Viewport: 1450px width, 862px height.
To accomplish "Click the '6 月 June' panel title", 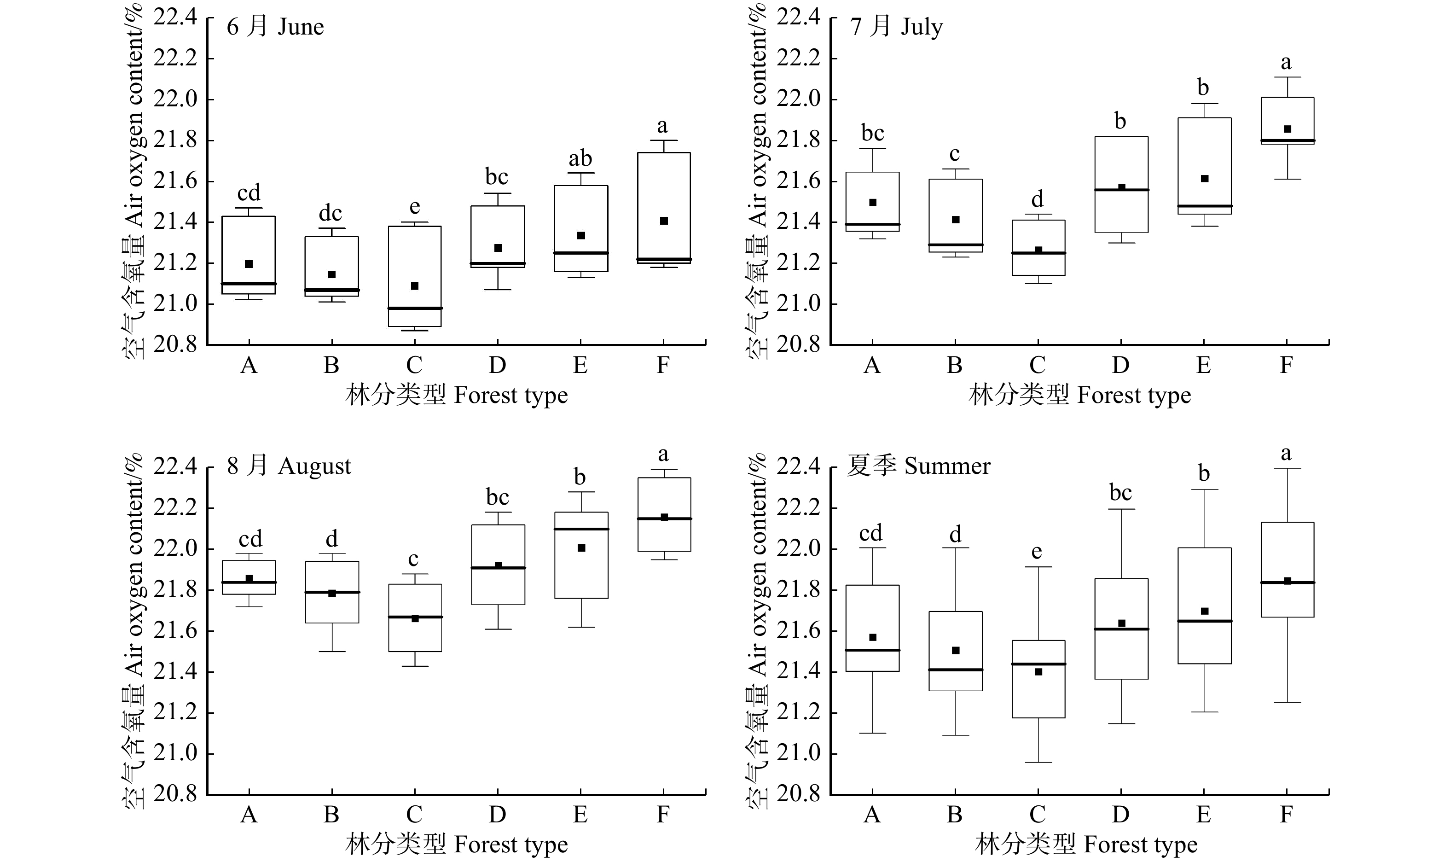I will pyautogui.click(x=275, y=27).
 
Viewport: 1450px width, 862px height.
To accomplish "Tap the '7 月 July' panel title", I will pyautogui.click(x=896, y=27).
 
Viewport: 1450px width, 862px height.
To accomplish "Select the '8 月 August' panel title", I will pyautogui.click(x=289, y=466).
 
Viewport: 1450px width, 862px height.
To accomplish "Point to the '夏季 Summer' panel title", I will pyautogui.click(x=918, y=466).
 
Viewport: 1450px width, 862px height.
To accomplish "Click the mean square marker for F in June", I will pyautogui.click(x=664, y=221).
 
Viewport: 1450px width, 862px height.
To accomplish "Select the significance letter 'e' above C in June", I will pyautogui.click(x=414, y=207).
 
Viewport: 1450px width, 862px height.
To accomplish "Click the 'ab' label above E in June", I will pyautogui.click(x=580, y=158).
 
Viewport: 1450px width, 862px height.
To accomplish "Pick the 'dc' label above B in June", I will pyautogui.click(x=331, y=213).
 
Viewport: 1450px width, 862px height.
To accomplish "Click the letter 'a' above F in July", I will pyautogui.click(x=1286, y=62).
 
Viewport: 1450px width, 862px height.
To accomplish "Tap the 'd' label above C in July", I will pyautogui.click(x=1037, y=199).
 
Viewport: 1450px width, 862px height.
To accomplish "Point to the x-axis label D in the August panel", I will pyautogui.click(x=497, y=815).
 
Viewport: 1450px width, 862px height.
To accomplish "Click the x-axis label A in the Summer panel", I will pyautogui.click(x=872, y=815).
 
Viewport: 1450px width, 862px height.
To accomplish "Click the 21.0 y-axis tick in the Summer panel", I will pyautogui.click(x=798, y=753).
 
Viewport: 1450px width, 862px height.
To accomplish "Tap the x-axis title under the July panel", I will pyautogui.click(x=1079, y=396).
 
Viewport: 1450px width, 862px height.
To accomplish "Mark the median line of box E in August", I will pyautogui.click(x=581, y=529).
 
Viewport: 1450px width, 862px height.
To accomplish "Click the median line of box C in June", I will pyautogui.click(x=415, y=308).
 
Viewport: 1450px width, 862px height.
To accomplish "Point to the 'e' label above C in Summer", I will pyautogui.click(x=1037, y=551).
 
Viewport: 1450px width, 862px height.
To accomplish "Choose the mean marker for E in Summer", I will pyautogui.click(x=1204, y=611).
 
